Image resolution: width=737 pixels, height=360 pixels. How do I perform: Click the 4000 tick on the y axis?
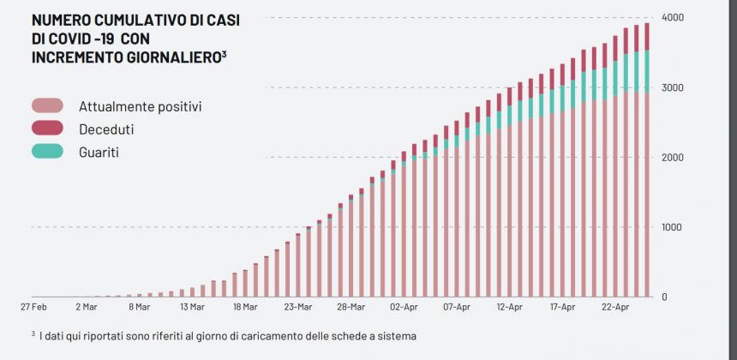point(672,17)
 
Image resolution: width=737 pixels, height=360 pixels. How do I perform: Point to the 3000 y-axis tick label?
point(672,87)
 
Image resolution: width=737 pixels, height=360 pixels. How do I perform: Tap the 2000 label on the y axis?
point(672,158)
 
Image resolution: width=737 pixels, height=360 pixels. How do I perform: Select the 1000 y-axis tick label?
point(672,227)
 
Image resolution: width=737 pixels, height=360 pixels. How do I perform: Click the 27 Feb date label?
point(33,306)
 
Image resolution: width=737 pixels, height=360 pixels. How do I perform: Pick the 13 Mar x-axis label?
point(192,306)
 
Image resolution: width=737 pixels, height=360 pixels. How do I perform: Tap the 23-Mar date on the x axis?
point(298,306)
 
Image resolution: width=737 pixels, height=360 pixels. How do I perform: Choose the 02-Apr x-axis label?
point(404,306)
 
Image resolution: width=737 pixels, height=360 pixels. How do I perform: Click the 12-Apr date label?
point(510,306)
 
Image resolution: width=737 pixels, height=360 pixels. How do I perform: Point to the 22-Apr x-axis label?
point(615,306)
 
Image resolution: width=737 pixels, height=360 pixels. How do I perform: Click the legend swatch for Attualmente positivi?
point(47,106)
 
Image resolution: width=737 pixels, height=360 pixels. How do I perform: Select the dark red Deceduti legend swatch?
point(47,129)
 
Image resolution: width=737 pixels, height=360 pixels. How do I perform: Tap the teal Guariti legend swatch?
point(47,151)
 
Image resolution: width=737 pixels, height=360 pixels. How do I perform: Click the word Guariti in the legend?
point(99,152)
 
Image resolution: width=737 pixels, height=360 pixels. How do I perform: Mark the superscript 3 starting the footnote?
point(33,333)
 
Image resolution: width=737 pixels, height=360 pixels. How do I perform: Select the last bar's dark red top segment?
point(646,37)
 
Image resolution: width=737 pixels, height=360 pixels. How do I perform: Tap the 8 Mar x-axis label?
point(139,306)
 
